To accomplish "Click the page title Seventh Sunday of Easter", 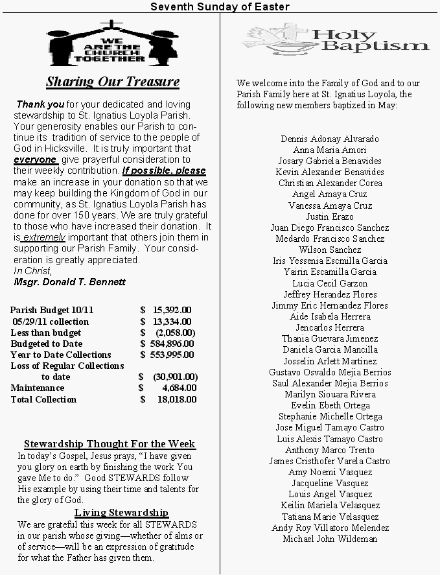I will (220, 6).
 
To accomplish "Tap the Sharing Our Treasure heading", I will (113, 82).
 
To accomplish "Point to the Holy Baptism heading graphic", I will (337, 40).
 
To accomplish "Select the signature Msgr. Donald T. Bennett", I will (70, 282).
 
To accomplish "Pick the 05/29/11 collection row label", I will (50, 322).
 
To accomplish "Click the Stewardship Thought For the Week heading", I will (110, 444).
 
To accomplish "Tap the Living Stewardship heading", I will (121, 513).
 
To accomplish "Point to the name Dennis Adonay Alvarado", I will (330, 139).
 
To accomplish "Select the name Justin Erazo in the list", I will (330, 217).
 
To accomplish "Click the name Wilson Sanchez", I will (330, 250).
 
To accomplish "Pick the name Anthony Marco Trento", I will (330, 450).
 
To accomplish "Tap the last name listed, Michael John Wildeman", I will (330, 539).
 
